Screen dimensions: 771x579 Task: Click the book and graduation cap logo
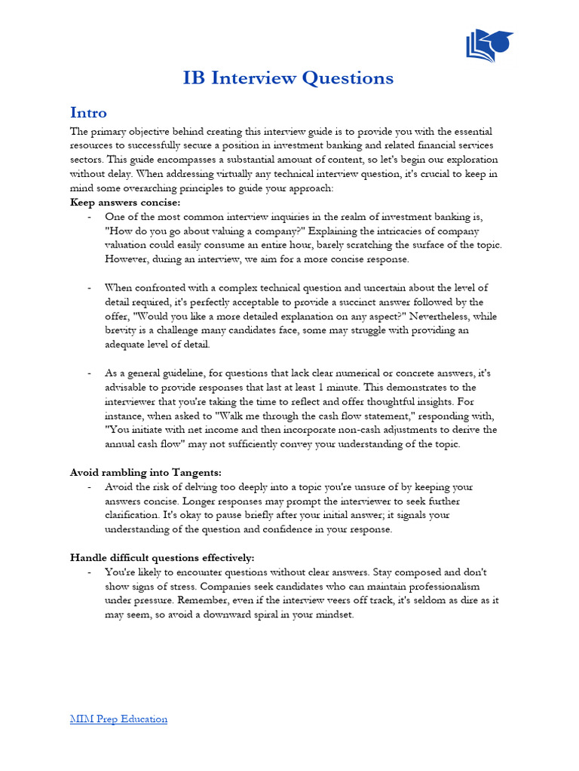coord(489,46)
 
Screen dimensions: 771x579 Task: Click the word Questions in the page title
coord(354,78)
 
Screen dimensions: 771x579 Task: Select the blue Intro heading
coord(88,113)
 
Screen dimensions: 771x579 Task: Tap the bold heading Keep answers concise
coord(125,203)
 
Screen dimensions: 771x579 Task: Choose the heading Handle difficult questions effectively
coord(162,558)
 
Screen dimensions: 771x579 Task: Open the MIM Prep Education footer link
coord(118,719)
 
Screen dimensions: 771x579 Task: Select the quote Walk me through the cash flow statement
coord(275,416)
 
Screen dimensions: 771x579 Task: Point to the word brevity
coord(122,331)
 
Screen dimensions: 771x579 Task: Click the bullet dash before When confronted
coord(90,288)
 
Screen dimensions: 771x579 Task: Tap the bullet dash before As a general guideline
coord(90,373)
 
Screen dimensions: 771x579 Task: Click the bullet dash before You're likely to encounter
coord(90,572)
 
